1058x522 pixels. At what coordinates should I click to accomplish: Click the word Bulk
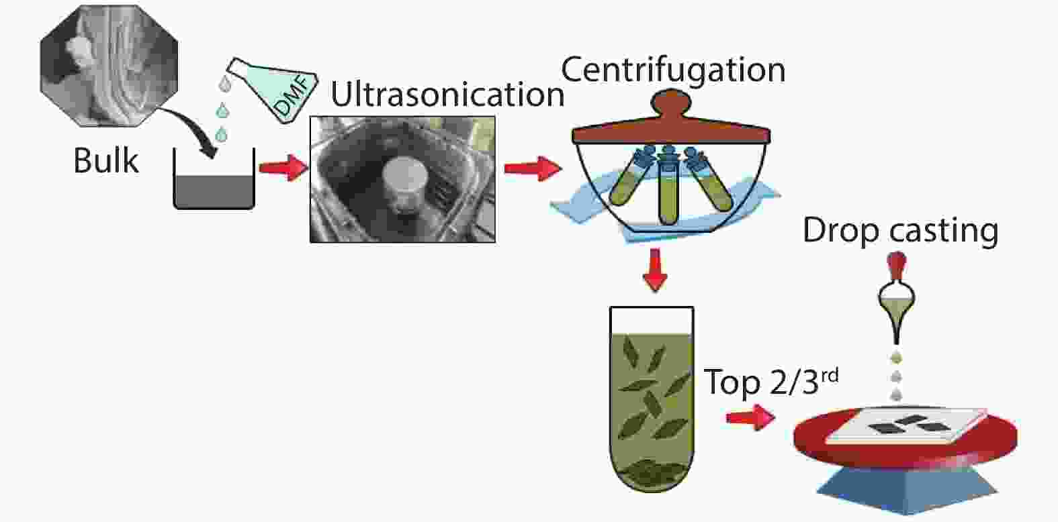coord(106,161)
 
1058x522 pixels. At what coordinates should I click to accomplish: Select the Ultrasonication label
coord(447,94)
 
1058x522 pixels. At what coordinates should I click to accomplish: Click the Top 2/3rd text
coord(771,381)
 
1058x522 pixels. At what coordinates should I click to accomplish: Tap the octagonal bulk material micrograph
coord(109,66)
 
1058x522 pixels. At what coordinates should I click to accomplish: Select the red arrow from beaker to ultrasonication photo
coord(283,168)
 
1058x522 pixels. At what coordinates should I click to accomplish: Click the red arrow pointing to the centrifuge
coord(533,168)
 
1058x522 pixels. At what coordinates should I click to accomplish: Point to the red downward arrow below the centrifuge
coord(655,270)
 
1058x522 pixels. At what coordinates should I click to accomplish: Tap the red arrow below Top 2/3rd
coord(750,417)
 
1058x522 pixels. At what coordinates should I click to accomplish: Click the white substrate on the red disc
coord(906,426)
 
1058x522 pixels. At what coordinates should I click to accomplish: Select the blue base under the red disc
coord(907,490)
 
